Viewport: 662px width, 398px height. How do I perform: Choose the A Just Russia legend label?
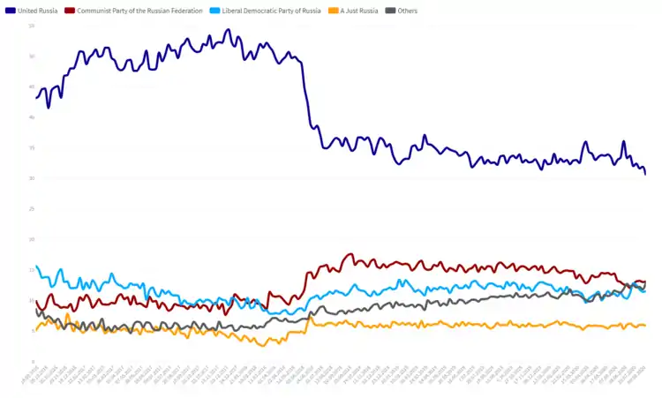(x=357, y=11)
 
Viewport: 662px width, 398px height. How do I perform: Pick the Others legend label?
(x=408, y=11)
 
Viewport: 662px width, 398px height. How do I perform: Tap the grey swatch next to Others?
(x=390, y=11)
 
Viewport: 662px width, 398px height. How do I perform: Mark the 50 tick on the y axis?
(x=31, y=56)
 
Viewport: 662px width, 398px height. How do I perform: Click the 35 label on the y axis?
(x=31, y=148)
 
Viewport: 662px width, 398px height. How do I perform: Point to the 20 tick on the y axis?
(x=31, y=239)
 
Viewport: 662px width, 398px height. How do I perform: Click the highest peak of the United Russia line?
(x=228, y=30)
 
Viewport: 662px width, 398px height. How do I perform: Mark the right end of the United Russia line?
(x=645, y=174)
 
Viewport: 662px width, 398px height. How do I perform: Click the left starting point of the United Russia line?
(x=36, y=96)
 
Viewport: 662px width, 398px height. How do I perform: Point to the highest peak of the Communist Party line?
(x=350, y=254)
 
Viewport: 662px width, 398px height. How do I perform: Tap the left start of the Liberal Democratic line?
(x=36, y=266)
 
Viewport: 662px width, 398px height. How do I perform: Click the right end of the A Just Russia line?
(x=645, y=326)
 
